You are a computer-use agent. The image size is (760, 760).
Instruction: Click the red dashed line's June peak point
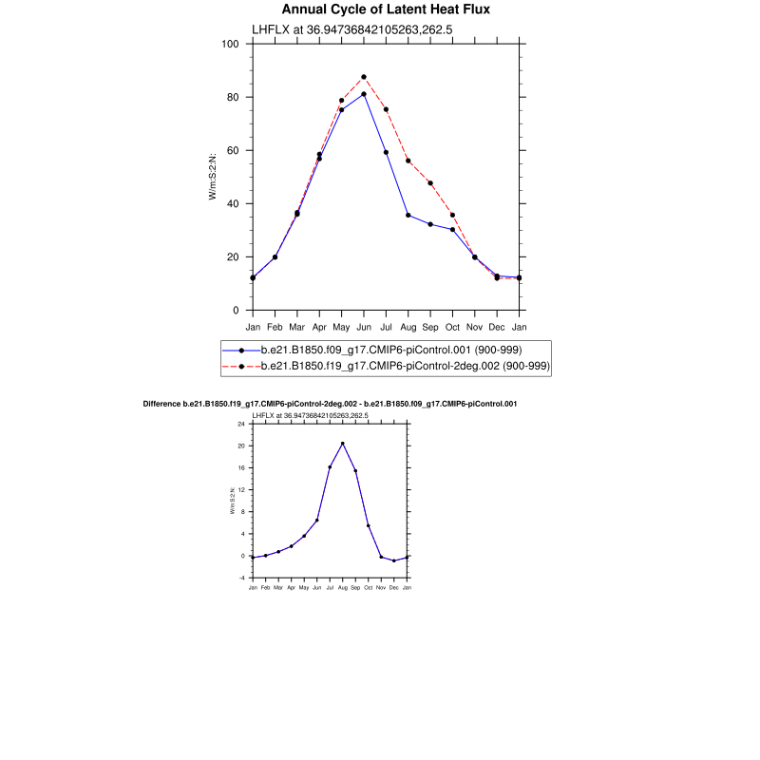[x=364, y=77]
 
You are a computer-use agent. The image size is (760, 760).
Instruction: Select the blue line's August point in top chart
[x=408, y=215]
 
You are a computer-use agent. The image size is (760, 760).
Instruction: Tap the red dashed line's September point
[x=430, y=183]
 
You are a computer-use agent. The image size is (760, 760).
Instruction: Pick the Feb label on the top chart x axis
[x=275, y=327]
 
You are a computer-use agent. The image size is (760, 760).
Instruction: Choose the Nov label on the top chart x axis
[x=475, y=327]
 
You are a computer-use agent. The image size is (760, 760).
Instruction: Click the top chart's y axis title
[x=214, y=175]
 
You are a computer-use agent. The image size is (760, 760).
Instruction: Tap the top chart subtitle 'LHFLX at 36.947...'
[x=351, y=29]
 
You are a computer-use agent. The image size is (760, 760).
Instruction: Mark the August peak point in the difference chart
[x=343, y=444]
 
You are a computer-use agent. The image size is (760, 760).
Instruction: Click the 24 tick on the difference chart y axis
[x=242, y=423]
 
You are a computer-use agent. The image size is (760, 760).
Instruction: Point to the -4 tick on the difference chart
[x=242, y=578]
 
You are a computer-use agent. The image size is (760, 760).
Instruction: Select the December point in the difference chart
[x=394, y=560]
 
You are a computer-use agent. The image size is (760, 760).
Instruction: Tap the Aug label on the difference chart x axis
[x=342, y=588]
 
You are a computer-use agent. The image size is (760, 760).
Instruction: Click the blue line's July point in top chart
[x=387, y=152]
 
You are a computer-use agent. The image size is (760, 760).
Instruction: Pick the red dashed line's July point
[x=387, y=109]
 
